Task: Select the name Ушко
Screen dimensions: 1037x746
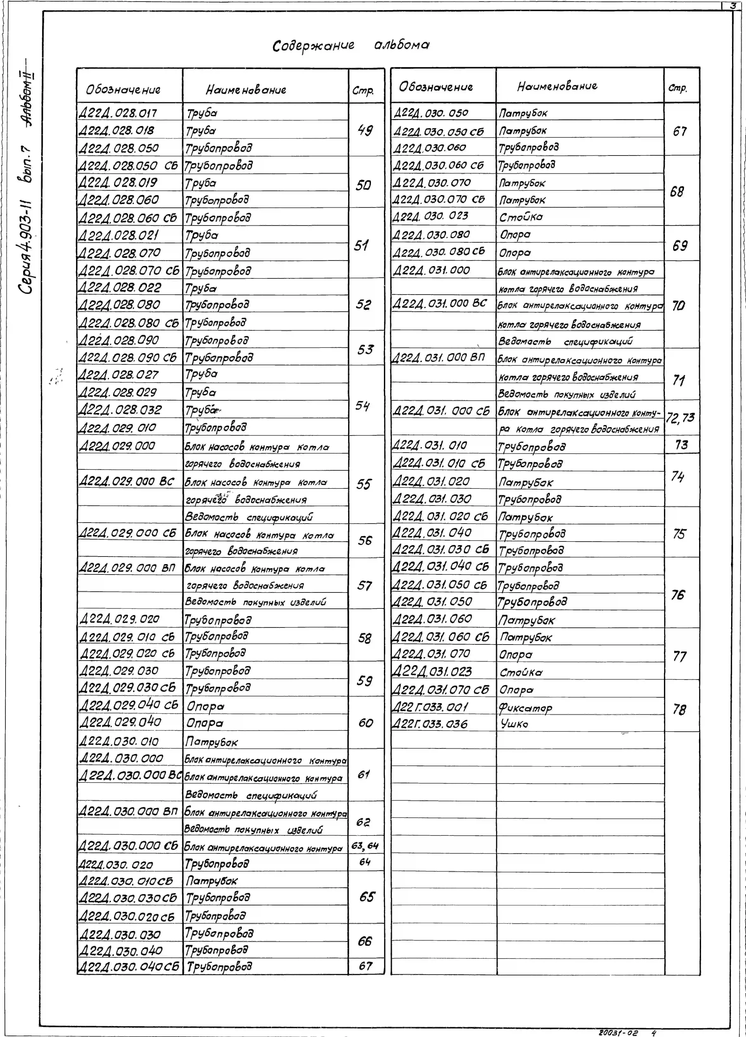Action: pos(514,724)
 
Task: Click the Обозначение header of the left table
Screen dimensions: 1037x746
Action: pos(123,90)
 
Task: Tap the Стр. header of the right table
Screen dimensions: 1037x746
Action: pos(678,88)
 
